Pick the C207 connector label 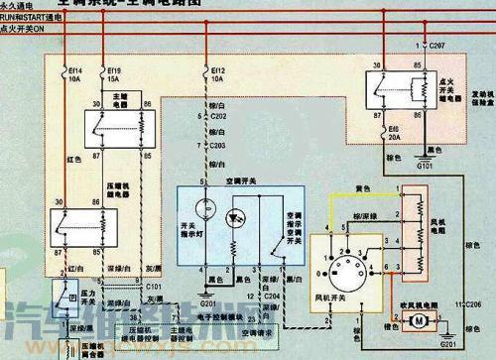437,47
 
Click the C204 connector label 275,295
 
